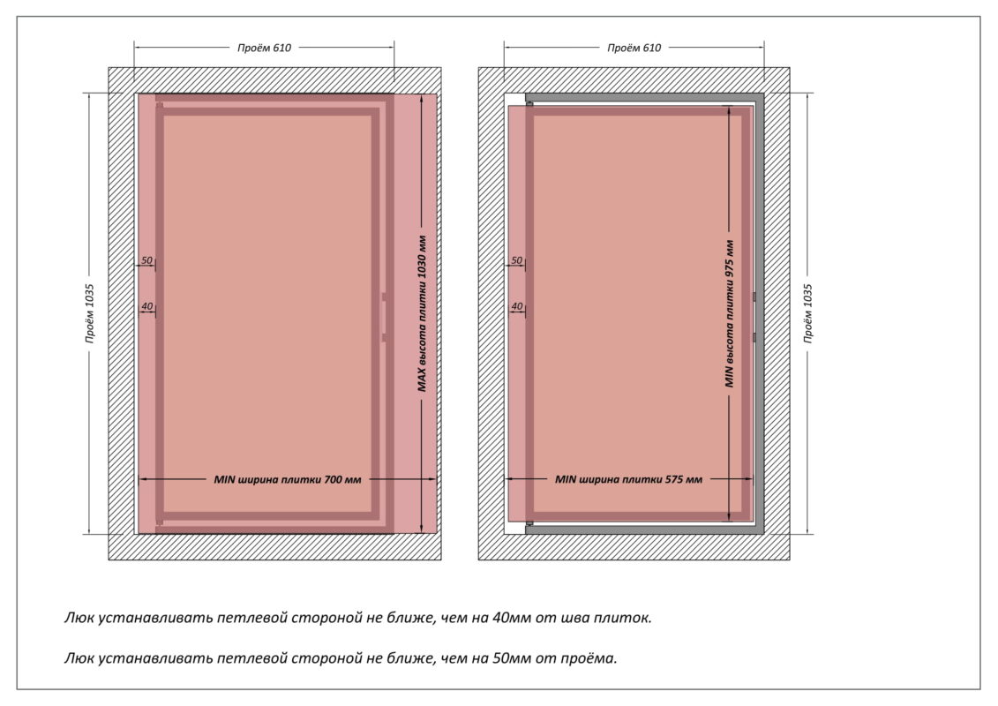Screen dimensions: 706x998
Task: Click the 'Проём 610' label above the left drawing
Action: pos(264,48)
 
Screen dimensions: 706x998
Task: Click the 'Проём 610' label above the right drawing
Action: pos(634,48)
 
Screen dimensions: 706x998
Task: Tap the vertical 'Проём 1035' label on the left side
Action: pos(90,313)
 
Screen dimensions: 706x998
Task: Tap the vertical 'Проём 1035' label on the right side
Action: pos(807,313)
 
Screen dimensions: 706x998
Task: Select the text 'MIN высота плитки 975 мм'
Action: pos(730,313)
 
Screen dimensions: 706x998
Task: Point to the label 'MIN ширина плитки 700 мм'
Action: pos(288,479)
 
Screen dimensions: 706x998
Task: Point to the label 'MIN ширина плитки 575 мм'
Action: pos(628,479)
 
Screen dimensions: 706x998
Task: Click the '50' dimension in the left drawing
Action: pos(146,260)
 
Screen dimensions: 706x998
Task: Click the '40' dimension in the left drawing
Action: pos(146,306)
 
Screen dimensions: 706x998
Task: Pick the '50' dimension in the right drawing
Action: pos(517,260)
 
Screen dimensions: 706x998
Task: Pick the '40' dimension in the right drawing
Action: pos(517,306)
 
